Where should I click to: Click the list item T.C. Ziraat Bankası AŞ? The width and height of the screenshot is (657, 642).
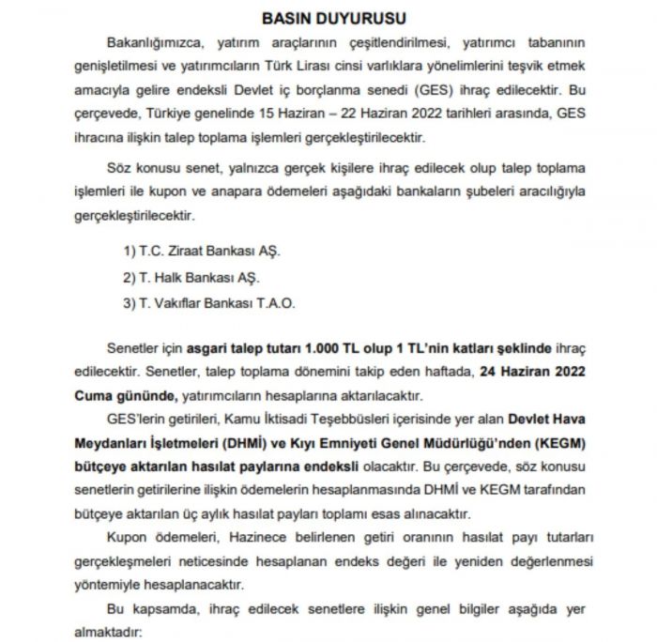point(209,253)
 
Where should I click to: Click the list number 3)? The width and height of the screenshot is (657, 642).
point(130,302)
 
